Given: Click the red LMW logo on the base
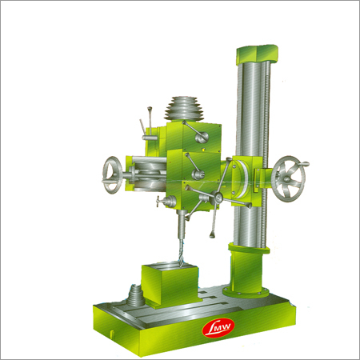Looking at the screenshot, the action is point(218,328).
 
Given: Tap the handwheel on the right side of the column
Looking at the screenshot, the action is point(288,179).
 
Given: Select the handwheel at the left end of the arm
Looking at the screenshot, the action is point(112,175).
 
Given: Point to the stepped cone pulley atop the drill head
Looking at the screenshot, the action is point(184,109).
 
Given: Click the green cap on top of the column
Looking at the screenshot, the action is point(257,54).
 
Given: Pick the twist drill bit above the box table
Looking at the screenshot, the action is point(181,253).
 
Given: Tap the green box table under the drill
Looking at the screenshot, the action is point(170,284).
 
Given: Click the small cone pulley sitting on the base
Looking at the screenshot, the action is point(135,295).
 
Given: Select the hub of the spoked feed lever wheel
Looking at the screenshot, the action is point(218,198).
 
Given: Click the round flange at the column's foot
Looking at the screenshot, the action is point(246,292).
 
